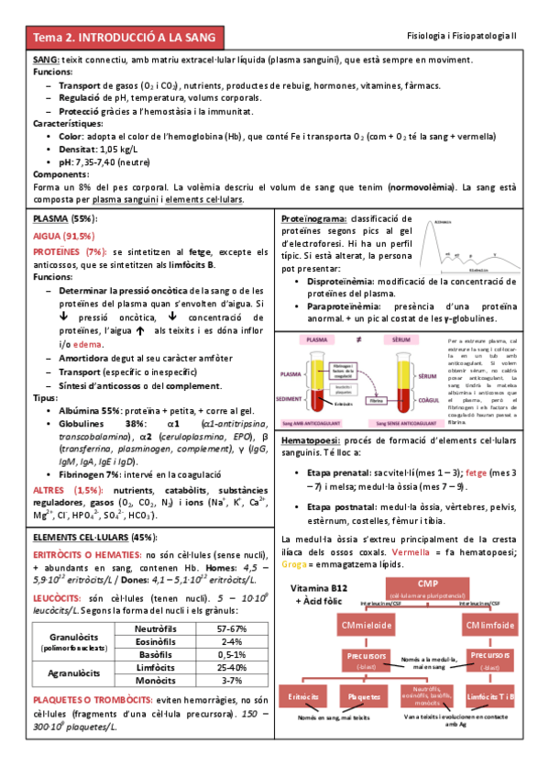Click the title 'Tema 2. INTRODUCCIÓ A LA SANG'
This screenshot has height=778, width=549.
click(124, 38)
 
